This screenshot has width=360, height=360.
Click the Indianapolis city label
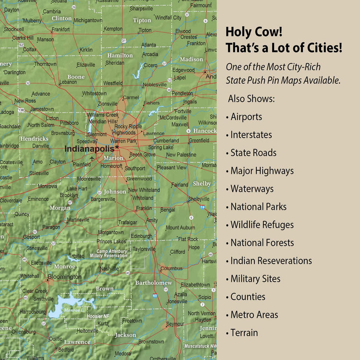(89, 149)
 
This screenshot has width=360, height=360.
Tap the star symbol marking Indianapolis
(117, 147)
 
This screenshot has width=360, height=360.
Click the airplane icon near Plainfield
(92, 158)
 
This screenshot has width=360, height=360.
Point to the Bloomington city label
(64, 277)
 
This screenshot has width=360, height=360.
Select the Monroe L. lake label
(73, 311)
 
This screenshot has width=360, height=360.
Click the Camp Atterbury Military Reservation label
(111, 253)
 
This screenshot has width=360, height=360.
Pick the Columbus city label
(171, 268)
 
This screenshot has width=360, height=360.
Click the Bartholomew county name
(153, 283)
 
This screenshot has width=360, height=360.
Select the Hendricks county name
(34, 139)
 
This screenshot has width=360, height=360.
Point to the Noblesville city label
(155, 85)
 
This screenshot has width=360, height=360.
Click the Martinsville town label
(78, 220)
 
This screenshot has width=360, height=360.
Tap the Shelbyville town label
(199, 199)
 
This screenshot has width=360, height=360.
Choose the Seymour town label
(175, 324)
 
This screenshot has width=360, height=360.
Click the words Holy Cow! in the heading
(254, 32)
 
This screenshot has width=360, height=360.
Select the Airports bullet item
(246, 117)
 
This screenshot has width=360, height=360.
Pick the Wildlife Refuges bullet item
(262, 225)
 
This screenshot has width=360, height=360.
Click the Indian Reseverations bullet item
(271, 261)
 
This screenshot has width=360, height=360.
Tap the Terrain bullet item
(244, 333)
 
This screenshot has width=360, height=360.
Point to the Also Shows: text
(252, 98)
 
